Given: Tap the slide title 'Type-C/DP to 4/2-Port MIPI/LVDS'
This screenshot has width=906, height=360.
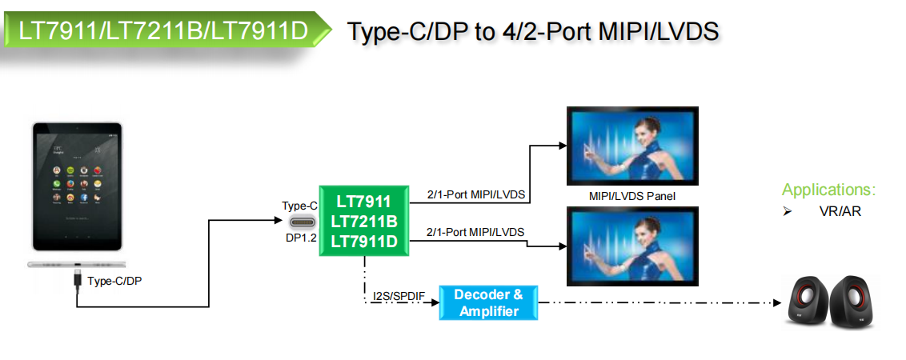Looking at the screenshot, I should pyautogui.click(x=532, y=31).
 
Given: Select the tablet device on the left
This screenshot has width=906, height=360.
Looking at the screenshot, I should pyautogui.click(x=77, y=186).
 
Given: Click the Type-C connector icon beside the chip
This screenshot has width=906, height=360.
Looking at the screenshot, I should pyautogui.click(x=300, y=223).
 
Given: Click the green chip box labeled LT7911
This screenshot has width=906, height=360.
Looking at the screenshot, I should pyautogui.click(x=365, y=220).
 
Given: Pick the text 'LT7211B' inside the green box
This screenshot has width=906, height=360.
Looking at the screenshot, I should pyautogui.click(x=365, y=221).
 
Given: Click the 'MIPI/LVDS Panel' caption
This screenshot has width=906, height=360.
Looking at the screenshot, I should pyautogui.click(x=632, y=195).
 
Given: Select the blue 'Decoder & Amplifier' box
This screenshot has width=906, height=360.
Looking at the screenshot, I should pyautogui.click(x=489, y=302).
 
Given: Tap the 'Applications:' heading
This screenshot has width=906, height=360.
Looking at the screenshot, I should pyautogui.click(x=828, y=190).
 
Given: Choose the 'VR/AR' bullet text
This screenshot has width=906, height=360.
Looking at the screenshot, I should pyautogui.click(x=840, y=211).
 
